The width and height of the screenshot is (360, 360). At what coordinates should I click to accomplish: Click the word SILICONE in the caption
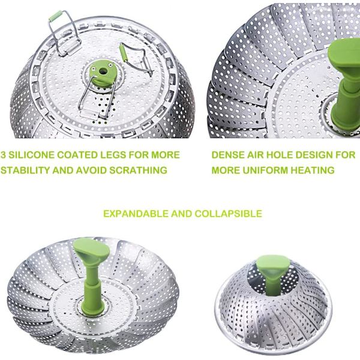click(31, 155)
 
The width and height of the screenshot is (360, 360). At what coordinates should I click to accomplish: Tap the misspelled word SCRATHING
click(138, 170)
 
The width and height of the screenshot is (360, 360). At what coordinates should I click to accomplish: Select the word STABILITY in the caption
click(25, 170)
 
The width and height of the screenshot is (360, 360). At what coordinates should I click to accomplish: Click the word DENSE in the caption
click(228, 155)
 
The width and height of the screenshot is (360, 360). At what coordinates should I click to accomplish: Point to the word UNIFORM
click(265, 170)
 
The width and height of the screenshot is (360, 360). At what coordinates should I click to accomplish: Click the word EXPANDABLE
click(136, 214)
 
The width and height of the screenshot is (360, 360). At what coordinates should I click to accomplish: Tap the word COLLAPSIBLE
click(229, 214)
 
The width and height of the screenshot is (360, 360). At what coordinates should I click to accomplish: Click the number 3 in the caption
click(3, 155)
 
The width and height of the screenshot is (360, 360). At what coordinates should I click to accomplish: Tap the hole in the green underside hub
click(103, 71)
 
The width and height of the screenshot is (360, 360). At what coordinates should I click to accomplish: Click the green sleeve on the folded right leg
click(124, 53)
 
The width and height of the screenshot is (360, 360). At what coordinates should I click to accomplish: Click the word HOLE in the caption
click(279, 155)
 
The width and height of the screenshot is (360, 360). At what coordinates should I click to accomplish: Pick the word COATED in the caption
click(77, 155)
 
